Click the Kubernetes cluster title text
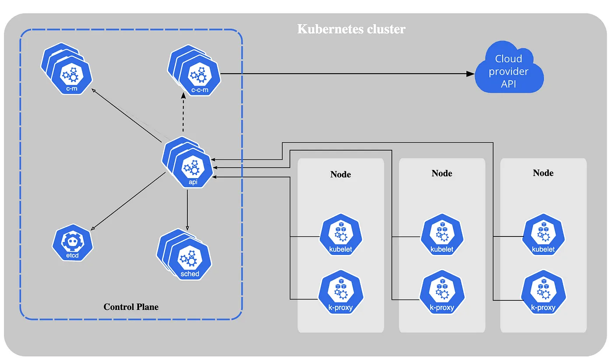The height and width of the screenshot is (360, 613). coord(351,29)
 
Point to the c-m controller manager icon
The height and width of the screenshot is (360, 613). coord(71,75)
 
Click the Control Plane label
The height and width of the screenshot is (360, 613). coord(131,307)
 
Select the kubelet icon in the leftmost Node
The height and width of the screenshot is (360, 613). coord(341,237)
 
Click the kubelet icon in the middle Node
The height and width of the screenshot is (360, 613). coord(442,237)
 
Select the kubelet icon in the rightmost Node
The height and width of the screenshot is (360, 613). coord(543,237)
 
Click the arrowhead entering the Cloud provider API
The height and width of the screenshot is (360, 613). coord(470,74)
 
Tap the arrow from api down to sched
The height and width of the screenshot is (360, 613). coord(187,210)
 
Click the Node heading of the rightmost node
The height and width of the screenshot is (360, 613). coord(543,173)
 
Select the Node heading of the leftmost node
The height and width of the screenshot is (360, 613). coord(341,174)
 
